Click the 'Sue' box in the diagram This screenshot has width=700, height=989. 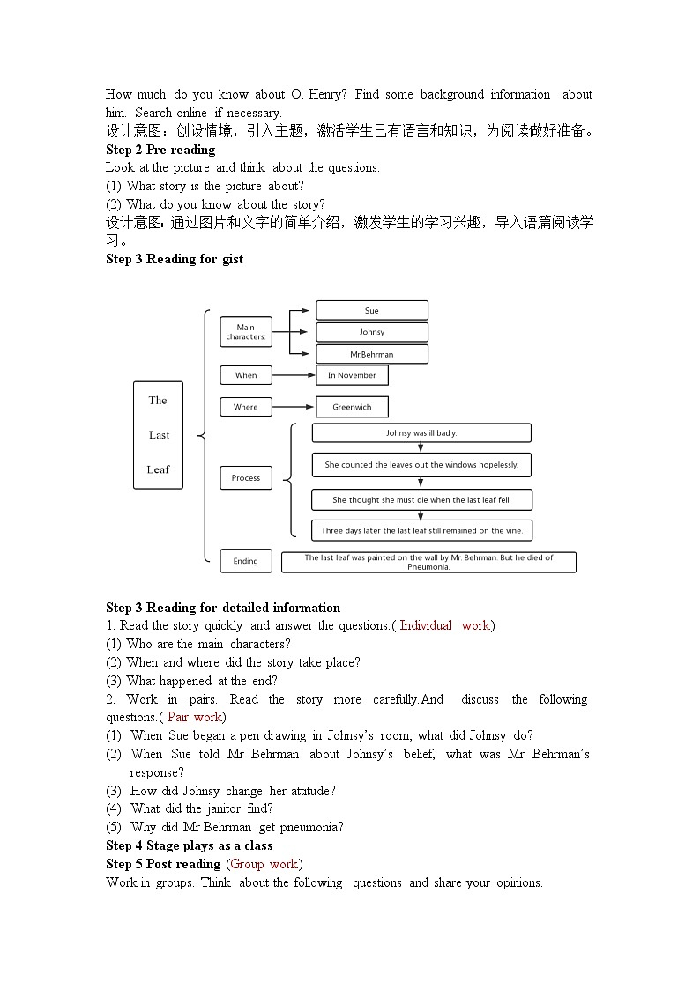click(371, 311)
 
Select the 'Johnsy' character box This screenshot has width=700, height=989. click(371, 332)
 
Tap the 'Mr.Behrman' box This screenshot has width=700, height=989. click(371, 354)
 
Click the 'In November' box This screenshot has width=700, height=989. click(352, 375)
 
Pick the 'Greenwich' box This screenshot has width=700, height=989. click(352, 407)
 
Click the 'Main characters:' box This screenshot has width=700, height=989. click(245, 332)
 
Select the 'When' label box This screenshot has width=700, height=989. click(245, 375)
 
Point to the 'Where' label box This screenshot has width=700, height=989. click(245, 407)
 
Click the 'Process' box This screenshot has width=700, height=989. click(245, 478)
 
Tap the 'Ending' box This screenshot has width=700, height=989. click(245, 561)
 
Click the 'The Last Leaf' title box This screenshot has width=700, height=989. click(158, 435)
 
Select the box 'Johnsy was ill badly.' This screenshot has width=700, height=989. click(421, 433)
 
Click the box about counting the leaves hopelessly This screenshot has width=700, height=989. click(421, 465)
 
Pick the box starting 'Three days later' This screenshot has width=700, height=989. click(421, 531)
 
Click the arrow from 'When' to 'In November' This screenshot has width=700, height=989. click(294, 375)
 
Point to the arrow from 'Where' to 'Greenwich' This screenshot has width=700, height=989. click(294, 407)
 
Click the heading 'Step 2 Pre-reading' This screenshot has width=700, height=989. click(160, 150)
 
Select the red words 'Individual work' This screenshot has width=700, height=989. click(444, 625)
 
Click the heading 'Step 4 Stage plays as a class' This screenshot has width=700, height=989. click(190, 845)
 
